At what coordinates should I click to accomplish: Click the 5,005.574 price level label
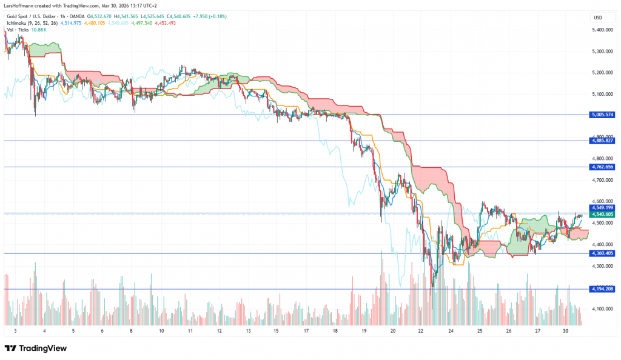point(602,115)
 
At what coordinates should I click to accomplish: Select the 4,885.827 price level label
point(602,141)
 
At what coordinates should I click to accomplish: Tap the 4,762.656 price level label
point(602,167)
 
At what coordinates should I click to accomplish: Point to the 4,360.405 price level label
point(602,253)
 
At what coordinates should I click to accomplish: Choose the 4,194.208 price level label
point(602,289)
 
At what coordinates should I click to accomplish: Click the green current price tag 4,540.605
point(602,214)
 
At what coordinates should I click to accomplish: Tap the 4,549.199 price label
point(602,207)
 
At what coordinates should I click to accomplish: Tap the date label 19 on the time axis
point(364,332)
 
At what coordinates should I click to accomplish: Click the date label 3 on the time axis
point(15,332)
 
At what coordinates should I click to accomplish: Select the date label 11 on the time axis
point(190,332)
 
